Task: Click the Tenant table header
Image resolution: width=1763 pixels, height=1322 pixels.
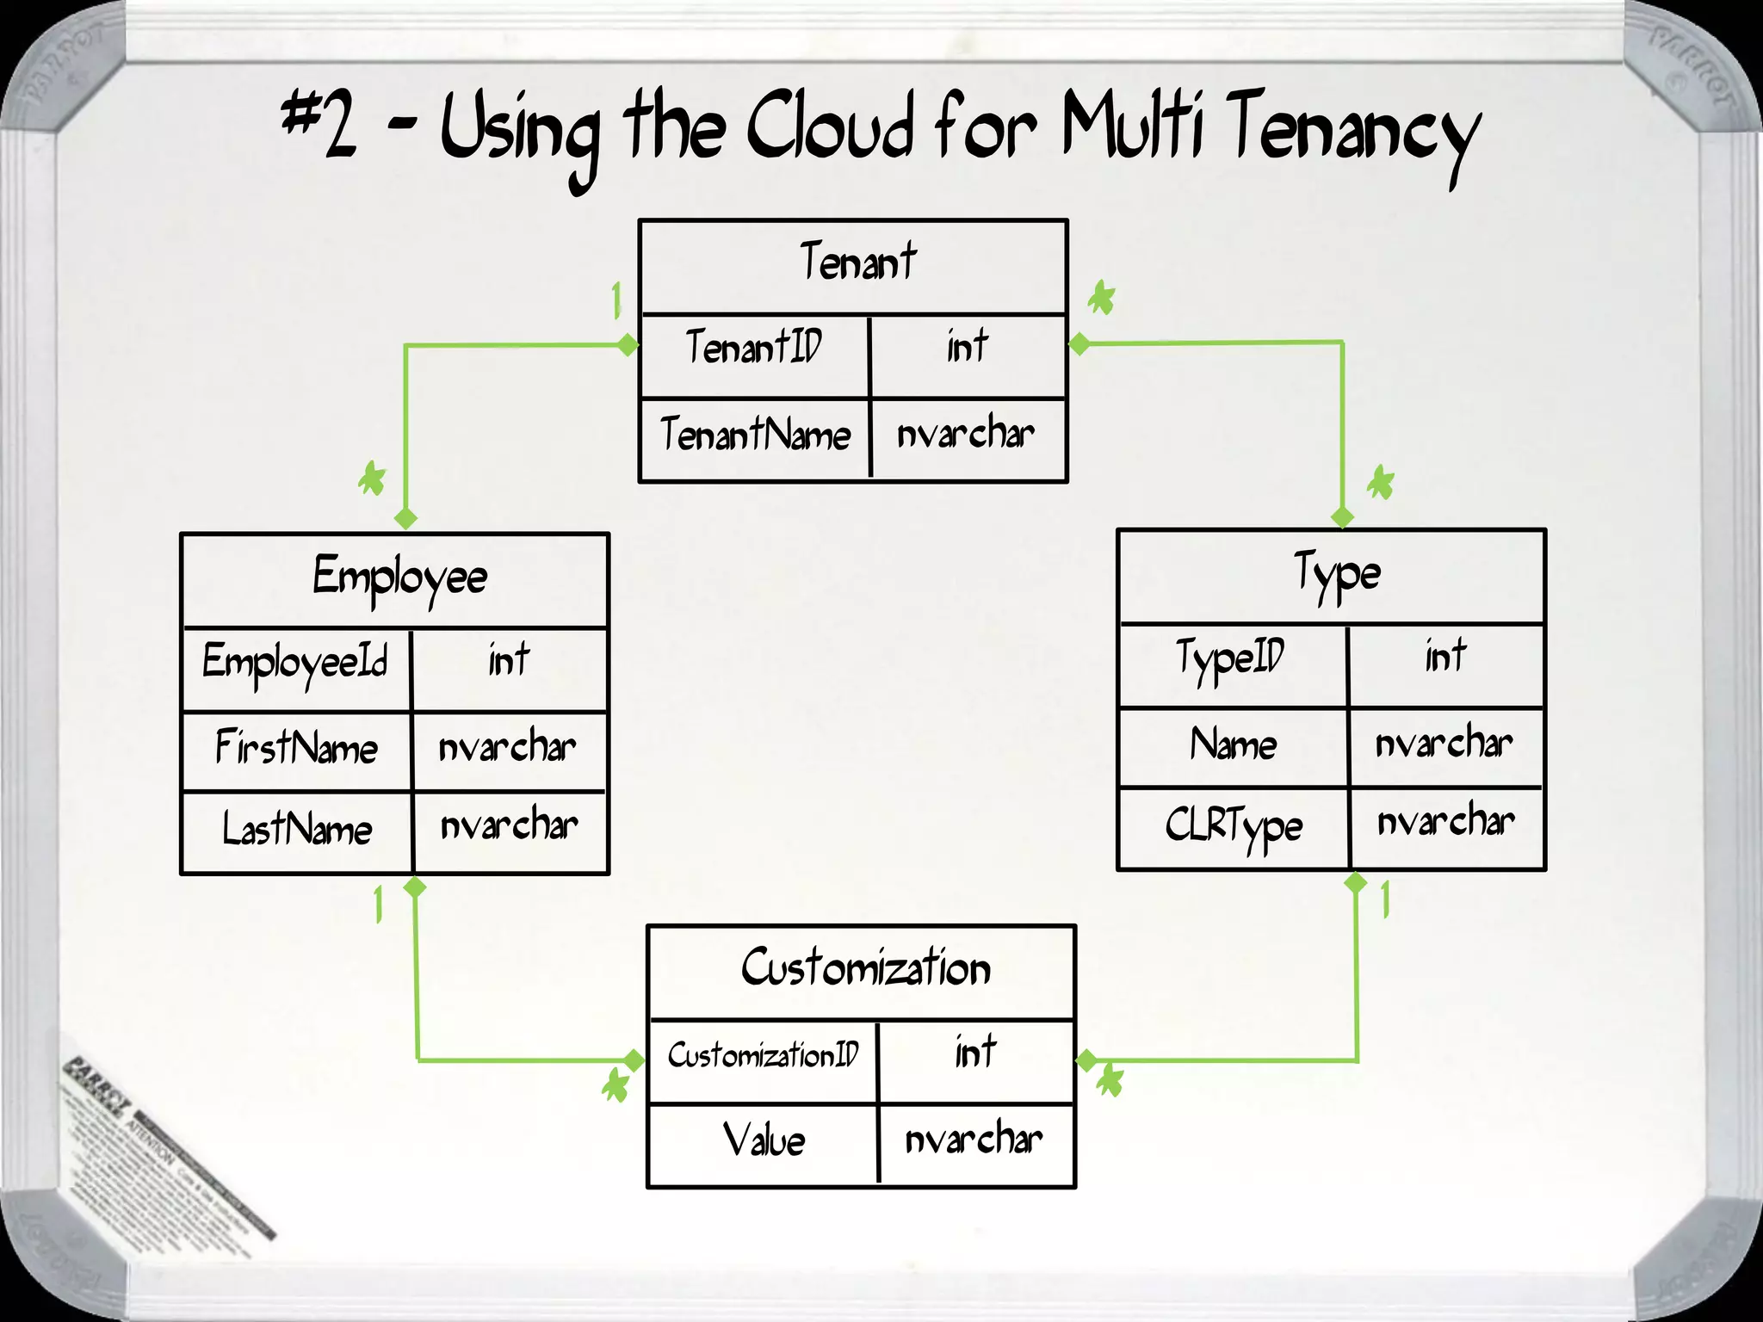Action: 857,263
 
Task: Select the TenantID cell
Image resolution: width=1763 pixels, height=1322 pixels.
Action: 754,347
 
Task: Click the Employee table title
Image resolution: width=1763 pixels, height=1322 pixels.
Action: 399,578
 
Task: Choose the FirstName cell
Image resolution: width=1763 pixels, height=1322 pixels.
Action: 296,747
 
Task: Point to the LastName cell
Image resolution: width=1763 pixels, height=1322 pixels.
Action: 297,829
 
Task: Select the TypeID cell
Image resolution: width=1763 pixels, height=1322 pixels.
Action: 1230,659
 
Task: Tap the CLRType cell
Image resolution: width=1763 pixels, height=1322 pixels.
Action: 1234,825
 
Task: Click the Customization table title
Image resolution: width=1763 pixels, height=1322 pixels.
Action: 865,968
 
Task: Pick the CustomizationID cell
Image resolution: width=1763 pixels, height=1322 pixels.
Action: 763,1055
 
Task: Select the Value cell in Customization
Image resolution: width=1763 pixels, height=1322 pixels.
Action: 764,1140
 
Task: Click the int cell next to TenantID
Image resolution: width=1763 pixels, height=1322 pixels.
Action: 967,347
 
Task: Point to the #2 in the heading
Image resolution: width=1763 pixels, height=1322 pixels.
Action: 319,125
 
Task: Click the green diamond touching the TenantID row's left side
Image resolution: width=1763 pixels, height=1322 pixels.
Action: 628,345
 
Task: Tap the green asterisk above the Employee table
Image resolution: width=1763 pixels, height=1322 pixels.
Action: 373,479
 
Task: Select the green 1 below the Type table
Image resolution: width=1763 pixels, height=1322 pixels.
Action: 1385,900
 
